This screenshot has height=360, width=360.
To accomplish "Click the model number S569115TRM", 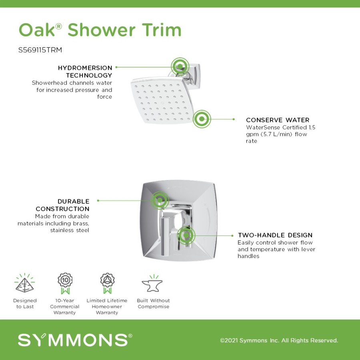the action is point(40,50).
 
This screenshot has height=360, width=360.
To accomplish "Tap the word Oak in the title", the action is point(37,30).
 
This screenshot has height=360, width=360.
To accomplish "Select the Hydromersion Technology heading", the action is point(85,72).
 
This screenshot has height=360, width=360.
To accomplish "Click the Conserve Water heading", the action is point(278,120).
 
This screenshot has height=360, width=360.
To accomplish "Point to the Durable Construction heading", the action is point(62,205).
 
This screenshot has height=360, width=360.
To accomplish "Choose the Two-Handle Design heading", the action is point(275,235).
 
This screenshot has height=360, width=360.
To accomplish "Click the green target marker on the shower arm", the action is point(180,66).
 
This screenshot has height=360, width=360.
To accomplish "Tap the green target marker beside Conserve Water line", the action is point(202,119).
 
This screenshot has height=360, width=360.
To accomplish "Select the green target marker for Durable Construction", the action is point(160,200).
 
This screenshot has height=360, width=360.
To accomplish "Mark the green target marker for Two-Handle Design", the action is point(186,235).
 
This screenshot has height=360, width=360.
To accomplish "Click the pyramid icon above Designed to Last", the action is point(24,283).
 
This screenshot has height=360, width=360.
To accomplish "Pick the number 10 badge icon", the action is point(65,283).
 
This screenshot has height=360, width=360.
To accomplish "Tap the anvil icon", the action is point(152,284).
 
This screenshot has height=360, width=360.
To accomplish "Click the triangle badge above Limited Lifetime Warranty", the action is point(107,283).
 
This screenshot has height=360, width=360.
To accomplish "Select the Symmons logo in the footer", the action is point(75,340).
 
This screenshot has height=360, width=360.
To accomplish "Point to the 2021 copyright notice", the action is point(279,340).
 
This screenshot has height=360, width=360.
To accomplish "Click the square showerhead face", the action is point(162,101).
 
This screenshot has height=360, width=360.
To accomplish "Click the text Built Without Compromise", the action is point(153,304).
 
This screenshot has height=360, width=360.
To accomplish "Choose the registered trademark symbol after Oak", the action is point(58,26).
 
